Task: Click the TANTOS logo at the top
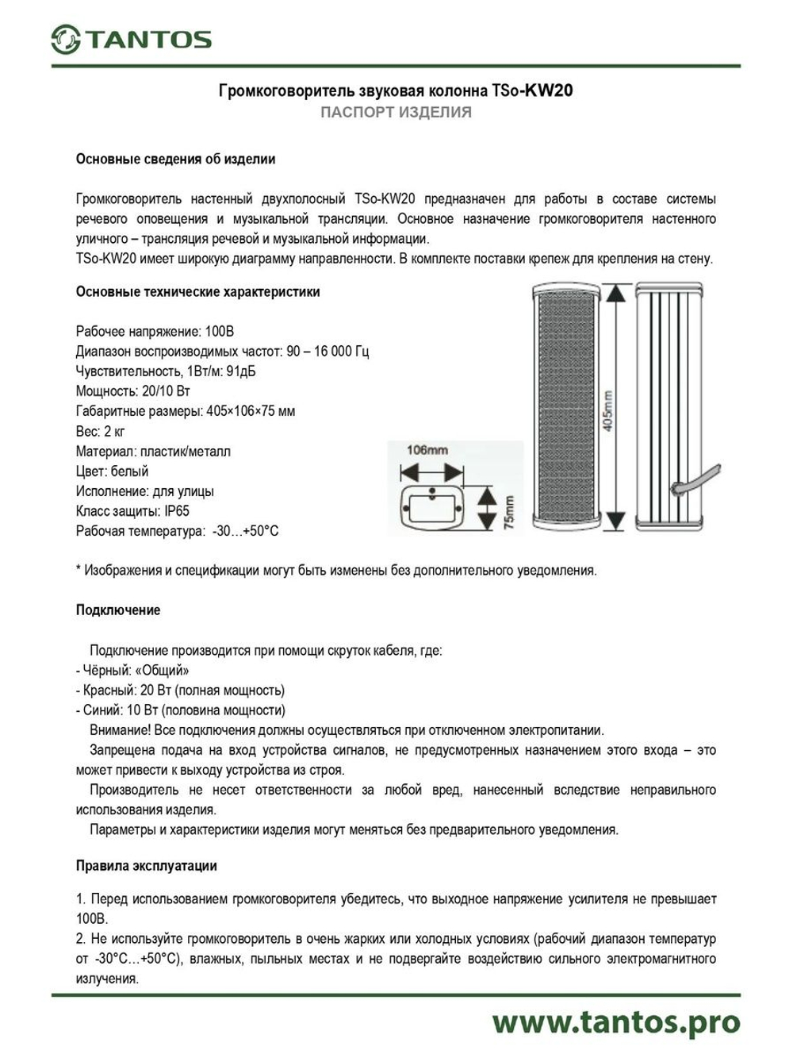point(132,39)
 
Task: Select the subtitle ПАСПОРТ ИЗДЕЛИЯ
point(396,113)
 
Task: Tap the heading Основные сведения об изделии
point(175,159)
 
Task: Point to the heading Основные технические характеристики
point(197,291)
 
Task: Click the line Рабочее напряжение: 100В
point(155,331)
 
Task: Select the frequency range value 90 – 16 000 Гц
point(328,351)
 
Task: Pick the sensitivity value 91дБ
point(241,371)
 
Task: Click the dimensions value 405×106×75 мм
point(251,411)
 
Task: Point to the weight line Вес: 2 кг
point(100,431)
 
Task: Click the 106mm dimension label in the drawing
point(427,450)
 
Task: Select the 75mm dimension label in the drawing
point(508,512)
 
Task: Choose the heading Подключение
point(117,610)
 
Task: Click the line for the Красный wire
point(180,690)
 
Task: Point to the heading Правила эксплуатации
point(146,866)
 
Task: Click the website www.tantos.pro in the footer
point(615,1022)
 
